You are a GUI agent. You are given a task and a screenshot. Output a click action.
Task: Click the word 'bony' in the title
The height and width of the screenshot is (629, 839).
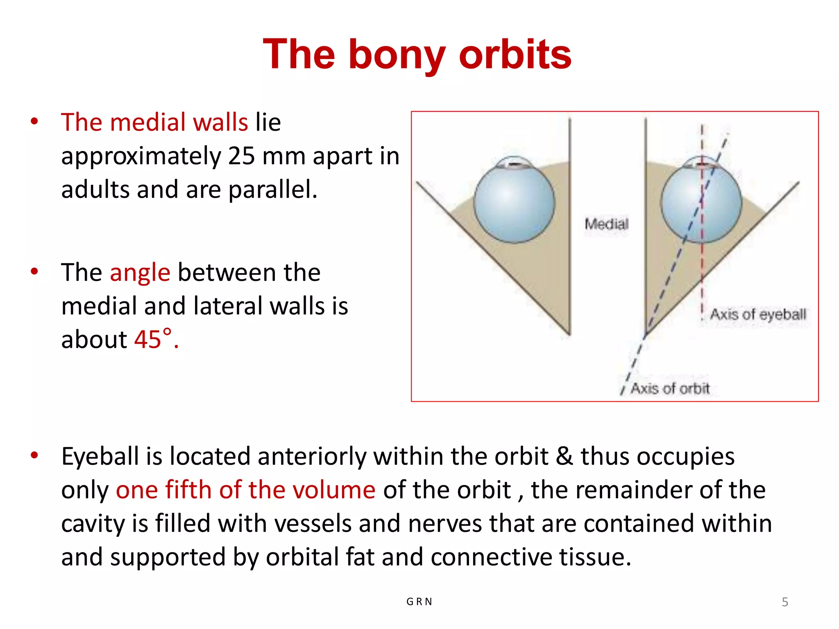397,55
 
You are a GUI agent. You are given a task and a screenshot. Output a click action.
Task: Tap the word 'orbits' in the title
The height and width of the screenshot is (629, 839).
515,55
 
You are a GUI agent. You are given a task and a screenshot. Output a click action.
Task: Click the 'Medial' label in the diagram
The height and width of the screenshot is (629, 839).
606,224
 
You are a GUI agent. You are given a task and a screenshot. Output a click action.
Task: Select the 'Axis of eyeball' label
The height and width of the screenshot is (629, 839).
758,314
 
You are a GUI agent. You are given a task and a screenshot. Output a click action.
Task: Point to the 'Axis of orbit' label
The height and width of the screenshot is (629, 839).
670,388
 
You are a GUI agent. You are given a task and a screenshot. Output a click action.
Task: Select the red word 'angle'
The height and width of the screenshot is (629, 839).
140,273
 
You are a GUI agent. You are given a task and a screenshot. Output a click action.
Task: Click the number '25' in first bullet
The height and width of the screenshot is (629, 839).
241,156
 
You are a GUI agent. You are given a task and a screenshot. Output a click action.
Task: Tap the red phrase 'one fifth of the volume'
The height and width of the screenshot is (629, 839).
245,490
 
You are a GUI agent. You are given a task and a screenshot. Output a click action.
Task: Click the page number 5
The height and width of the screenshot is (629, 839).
785,602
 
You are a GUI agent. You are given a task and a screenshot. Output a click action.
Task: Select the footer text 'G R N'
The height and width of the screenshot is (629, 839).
419,602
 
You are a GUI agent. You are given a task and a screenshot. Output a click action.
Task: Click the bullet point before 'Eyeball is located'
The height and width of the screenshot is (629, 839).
34,455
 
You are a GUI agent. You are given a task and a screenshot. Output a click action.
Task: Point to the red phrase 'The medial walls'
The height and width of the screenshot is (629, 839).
154,122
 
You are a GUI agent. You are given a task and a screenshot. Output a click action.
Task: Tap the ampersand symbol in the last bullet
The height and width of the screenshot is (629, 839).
564,456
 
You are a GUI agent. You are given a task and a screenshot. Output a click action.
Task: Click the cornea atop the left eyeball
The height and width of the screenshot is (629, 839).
515,163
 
